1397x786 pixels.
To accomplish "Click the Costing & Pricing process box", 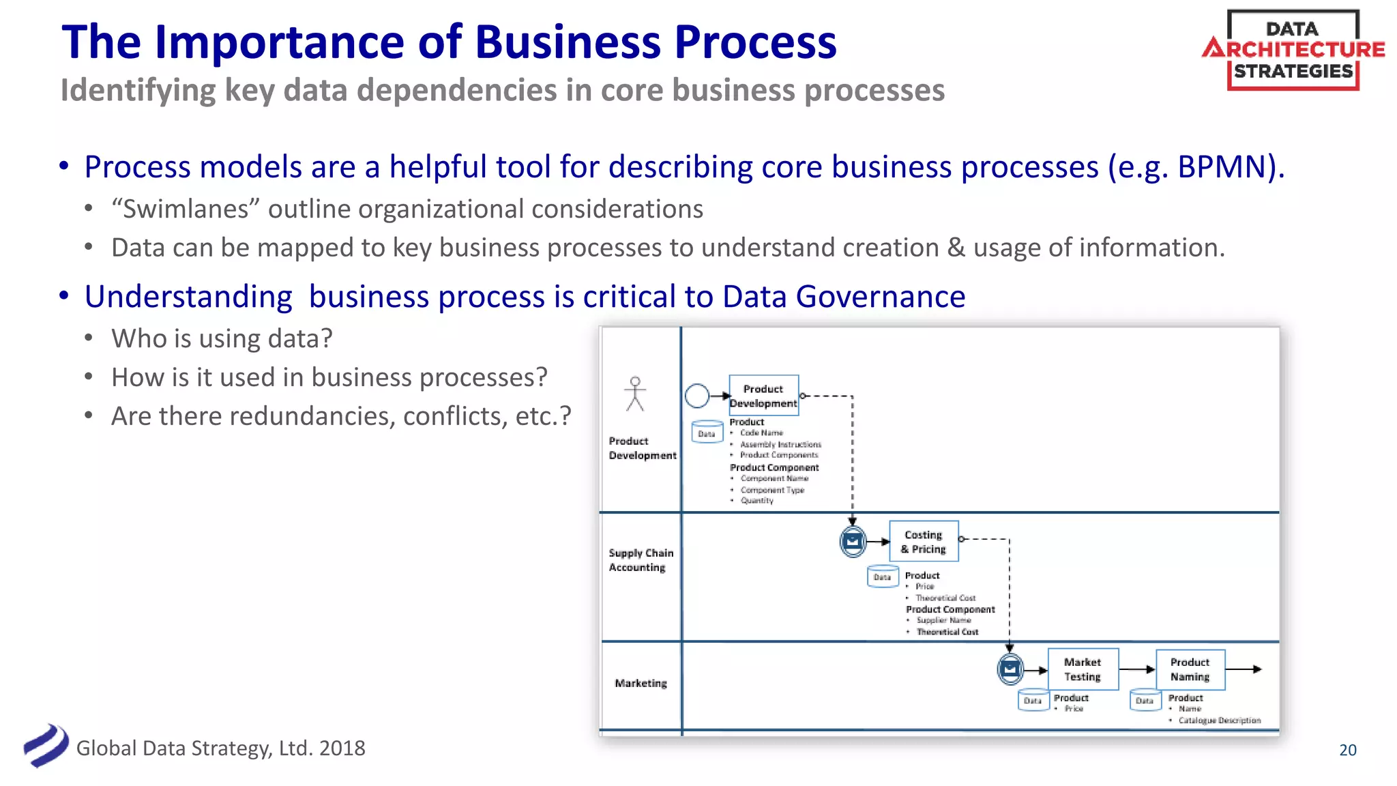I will [924, 541].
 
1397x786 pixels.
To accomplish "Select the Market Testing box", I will [1083, 669].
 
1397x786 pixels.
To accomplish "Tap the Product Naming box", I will [1190, 669].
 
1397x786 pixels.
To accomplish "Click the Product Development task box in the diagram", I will [763, 395].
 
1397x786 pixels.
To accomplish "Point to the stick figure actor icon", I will [635, 394].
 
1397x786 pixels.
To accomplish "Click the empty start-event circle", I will [697, 396].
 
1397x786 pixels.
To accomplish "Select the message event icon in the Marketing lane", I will [1010, 669].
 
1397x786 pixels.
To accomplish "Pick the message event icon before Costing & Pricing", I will [853, 542].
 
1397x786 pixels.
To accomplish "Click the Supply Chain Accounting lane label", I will [641, 560].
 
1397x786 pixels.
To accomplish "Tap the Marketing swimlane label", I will [641, 683].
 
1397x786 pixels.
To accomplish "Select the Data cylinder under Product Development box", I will [707, 433].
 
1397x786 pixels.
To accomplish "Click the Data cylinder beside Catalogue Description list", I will [1145, 700].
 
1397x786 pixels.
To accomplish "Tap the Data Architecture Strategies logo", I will [1293, 50].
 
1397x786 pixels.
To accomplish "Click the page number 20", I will [1347, 750].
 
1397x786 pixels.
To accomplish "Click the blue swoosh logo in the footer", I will [46, 745].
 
